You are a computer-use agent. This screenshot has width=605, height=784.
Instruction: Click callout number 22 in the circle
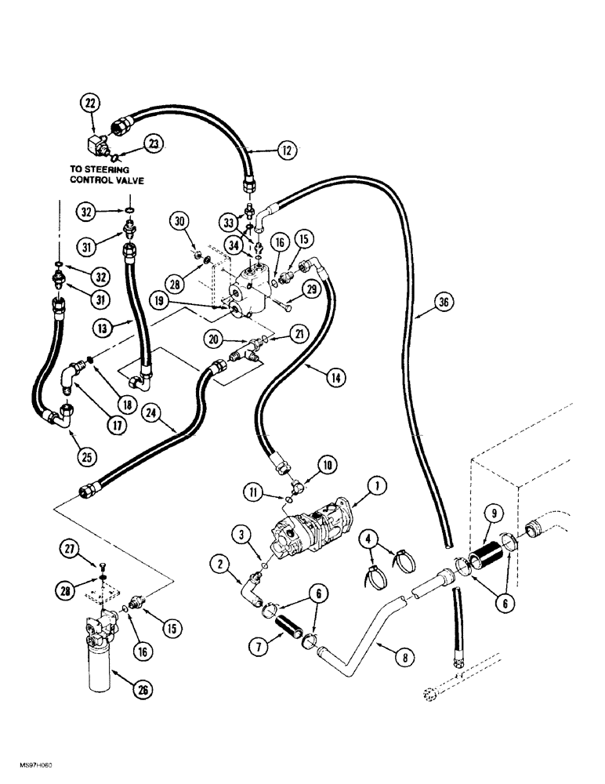pos(92,103)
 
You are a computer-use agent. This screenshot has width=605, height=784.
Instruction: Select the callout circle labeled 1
pos(379,488)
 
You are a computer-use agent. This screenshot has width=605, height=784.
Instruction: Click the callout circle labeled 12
pos(288,151)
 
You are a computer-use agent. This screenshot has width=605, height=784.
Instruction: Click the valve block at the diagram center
pos(248,292)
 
